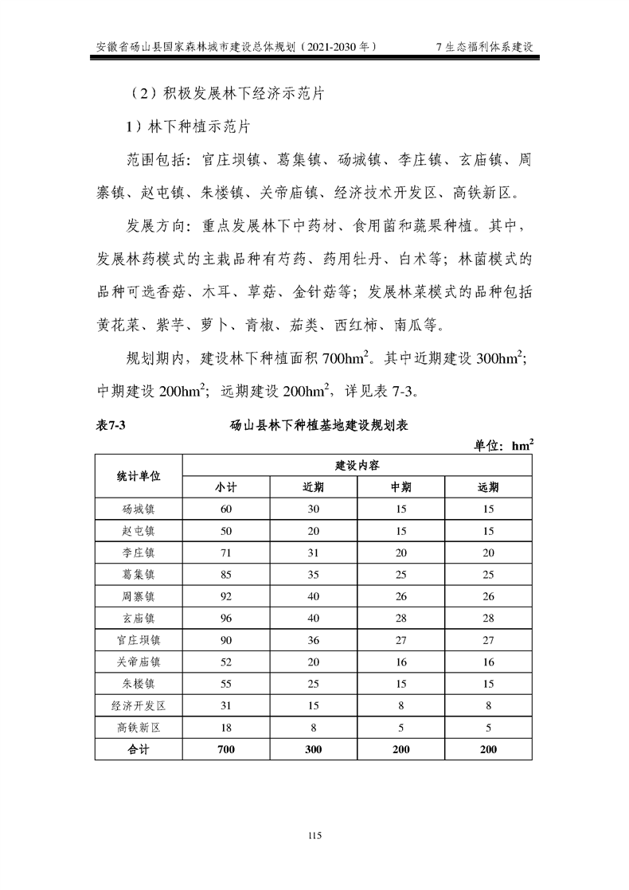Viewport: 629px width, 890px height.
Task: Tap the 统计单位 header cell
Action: [x=139, y=476]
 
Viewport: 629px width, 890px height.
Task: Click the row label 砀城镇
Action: [x=139, y=509]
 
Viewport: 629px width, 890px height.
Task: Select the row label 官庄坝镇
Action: [x=139, y=639]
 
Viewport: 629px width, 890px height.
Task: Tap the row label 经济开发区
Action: [x=139, y=705]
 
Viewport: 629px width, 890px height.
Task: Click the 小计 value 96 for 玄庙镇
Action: [x=226, y=618]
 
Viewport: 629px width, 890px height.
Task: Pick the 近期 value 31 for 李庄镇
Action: [x=314, y=552]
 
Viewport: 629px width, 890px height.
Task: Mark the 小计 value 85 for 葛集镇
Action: [x=226, y=574]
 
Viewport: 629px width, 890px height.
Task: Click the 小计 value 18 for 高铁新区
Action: [x=226, y=727]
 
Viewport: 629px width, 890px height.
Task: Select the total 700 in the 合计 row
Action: [x=226, y=749]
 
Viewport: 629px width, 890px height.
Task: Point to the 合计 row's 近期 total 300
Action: [x=314, y=749]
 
